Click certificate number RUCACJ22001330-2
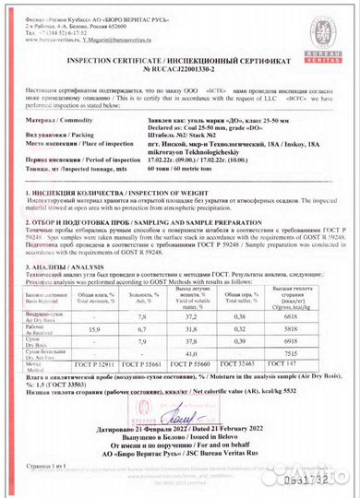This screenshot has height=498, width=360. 181,68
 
